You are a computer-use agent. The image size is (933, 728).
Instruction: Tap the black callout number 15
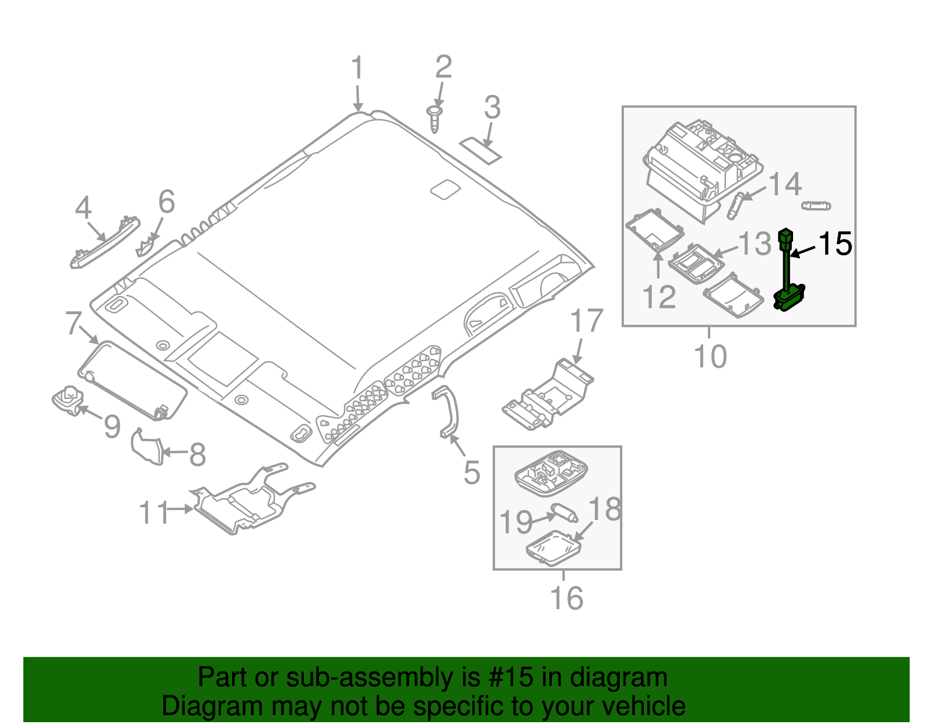coord(835,244)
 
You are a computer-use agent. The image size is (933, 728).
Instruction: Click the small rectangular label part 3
coord(480,150)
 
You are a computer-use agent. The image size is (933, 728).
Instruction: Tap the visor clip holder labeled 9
coord(68,400)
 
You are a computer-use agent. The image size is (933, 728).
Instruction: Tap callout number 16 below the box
coord(566,598)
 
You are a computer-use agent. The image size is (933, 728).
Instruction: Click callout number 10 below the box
coord(710,356)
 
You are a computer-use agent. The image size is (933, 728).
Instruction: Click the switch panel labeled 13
coord(696,263)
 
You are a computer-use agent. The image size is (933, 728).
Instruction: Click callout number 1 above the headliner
coord(357,69)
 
